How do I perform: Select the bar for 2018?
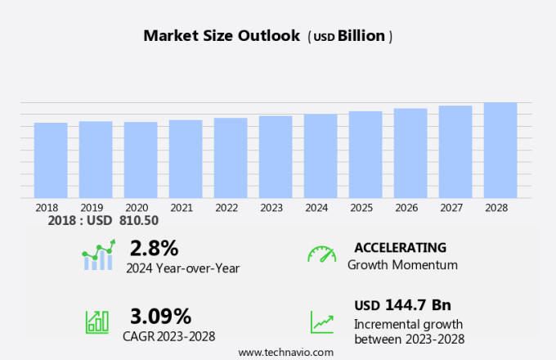tap(51, 160)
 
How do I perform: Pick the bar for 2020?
tap(141, 160)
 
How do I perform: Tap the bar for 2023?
tap(276, 157)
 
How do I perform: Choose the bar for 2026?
tap(410, 153)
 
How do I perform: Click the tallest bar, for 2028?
tap(500, 150)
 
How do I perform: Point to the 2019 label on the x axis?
tap(92, 208)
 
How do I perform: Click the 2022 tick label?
tap(226, 208)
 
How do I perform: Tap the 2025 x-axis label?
tap(361, 208)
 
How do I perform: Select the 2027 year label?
tap(455, 208)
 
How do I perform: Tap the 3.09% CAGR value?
tap(160, 316)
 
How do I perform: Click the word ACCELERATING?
tap(400, 247)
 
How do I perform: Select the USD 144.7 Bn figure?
tap(402, 305)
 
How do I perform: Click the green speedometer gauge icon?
tap(321, 254)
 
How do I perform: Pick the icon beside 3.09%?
tap(97, 322)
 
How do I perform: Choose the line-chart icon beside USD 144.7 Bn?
tap(321, 322)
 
